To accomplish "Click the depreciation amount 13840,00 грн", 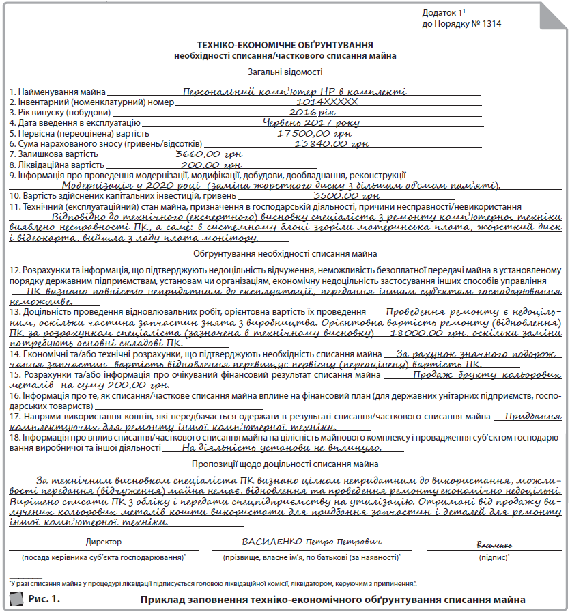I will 331,144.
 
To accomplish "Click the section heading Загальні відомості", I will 285,72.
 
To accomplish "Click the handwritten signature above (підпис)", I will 493,545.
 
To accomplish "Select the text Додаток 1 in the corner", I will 443,13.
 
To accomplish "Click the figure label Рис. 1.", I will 44,600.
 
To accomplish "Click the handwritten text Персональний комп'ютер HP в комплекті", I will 295,91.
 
